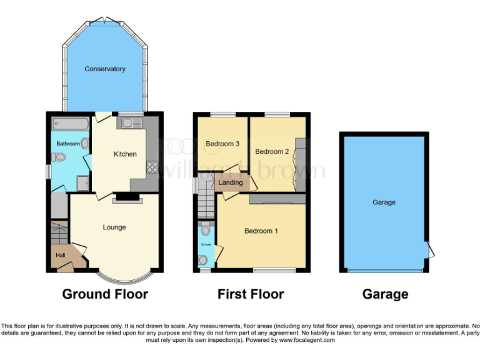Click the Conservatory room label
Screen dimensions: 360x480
[x=105, y=69]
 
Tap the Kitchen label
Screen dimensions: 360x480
[x=125, y=154]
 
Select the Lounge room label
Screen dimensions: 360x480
[x=114, y=227]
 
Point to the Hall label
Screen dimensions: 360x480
[x=61, y=255]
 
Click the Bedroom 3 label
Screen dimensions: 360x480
[x=222, y=144]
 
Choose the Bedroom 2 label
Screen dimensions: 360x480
[x=272, y=151]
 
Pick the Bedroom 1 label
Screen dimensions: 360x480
[x=261, y=231]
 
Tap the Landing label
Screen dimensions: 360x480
[x=231, y=182]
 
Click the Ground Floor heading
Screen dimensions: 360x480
[x=105, y=294]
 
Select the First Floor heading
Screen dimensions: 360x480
[x=251, y=294]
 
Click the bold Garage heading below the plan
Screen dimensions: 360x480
[x=386, y=294]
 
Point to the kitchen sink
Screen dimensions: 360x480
[x=131, y=123]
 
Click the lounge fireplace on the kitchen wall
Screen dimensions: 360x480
[x=127, y=200]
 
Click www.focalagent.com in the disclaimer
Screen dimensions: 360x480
[x=306, y=341]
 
